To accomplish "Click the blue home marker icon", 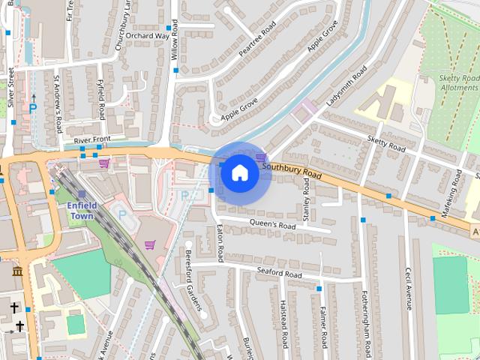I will [239, 172].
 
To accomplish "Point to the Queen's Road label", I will [272, 224].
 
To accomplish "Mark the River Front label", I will [91, 140].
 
